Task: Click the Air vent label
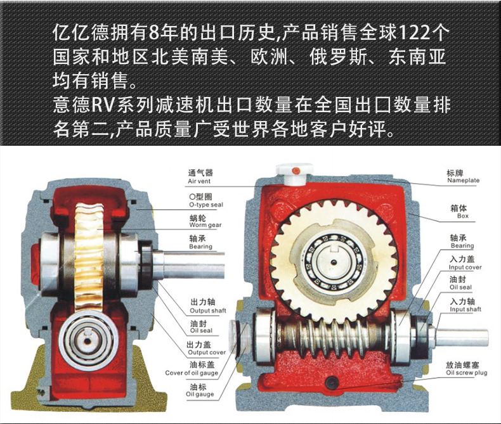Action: point(200,177)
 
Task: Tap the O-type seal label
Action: point(205,200)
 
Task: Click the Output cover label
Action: point(206,348)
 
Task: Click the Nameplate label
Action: point(463,176)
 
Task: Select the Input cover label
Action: point(465,263)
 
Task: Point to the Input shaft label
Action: point(465,305)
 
